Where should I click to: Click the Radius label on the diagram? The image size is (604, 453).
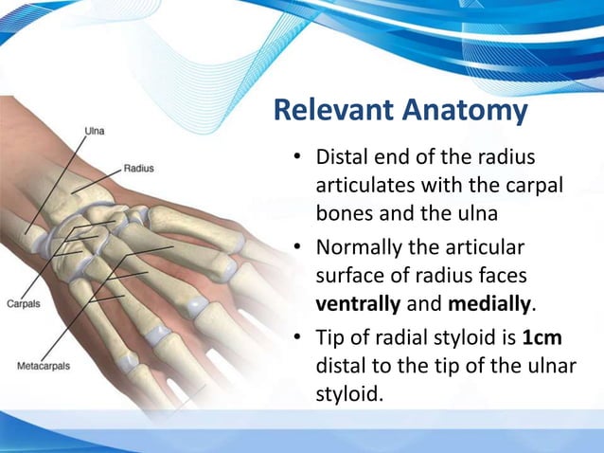pos(139,168)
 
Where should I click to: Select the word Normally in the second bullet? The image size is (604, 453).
pos(364,248)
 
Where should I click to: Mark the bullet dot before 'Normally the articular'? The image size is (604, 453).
pos(297,249)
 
